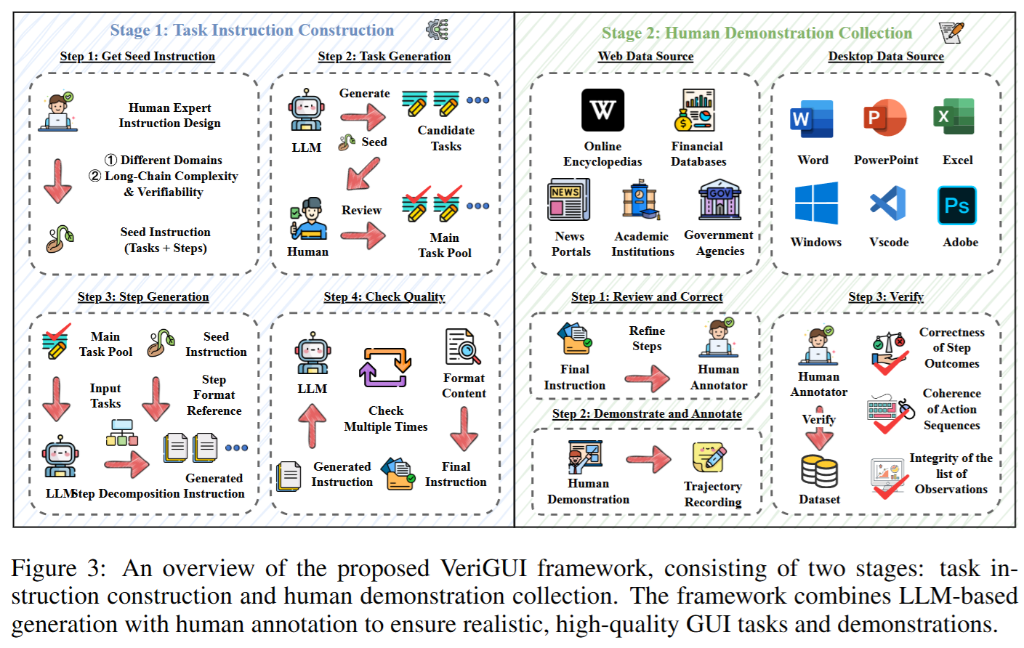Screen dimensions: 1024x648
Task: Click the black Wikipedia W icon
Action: click(x=602, y=110)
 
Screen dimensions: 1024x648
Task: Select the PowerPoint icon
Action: click(x=884, y=118)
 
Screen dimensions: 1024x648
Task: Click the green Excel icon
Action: click(x=954, y=116)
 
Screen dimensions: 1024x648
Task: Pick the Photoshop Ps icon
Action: click(x=957, y=205)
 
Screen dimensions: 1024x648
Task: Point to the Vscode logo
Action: click(x=888, y=204)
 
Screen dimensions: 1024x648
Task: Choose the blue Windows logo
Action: click(x=816, y=203)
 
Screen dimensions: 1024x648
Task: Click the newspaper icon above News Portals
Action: click(x=568, y=200)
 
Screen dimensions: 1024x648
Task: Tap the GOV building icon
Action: click(x=719, y=200)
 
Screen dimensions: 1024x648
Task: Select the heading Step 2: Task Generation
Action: click(x=384, y=56)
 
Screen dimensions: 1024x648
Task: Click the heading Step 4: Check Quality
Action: click(x=384, y=296)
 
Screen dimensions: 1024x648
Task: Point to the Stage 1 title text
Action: click(x=252, y=31)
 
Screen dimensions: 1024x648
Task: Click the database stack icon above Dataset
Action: click(x=819, y=471)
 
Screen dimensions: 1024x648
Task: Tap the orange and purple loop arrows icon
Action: click(x=385, y=368)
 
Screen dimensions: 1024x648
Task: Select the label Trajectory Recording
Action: click(x=713, y=494)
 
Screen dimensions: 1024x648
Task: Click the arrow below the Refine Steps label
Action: click(x=647, y=378)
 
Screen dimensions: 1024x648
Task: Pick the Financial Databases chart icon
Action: click(x=694, y=110)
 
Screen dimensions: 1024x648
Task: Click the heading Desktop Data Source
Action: click(x=886, y=56)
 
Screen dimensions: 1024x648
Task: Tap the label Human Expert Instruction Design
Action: click(x=169, y=116)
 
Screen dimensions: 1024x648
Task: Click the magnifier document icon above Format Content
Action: click(x=463, y=347)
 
